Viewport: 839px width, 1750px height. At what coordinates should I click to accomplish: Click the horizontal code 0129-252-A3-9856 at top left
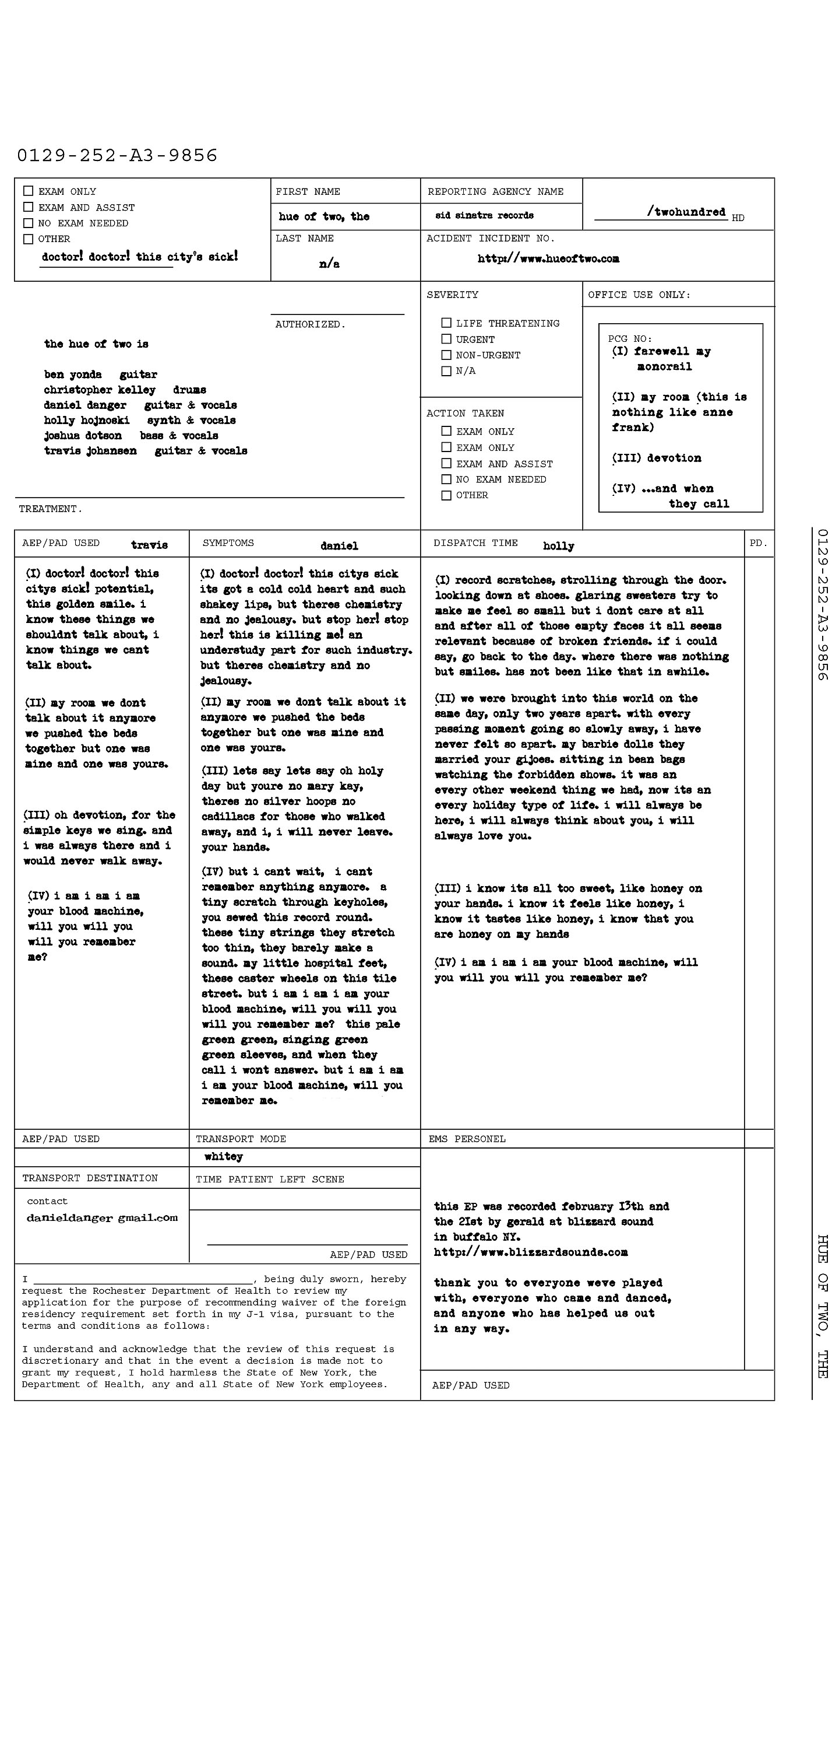[x=117, y=156]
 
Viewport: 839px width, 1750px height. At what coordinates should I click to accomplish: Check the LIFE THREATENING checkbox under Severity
[x=446, y=323]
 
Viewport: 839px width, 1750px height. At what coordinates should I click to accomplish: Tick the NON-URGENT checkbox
[x=446, y=355]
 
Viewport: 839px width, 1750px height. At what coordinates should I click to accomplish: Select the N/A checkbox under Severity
[x=446, y=371]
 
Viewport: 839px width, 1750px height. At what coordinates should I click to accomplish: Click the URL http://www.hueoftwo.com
[x=548, y=259]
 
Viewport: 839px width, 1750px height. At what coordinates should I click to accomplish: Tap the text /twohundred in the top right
[x=686, y=212]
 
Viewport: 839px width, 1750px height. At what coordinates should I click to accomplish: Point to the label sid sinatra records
[x=484, y=215]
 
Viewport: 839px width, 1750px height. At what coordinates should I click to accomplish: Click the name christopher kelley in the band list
[x=100, y=390]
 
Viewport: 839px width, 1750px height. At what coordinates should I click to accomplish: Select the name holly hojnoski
[x=87, y=421]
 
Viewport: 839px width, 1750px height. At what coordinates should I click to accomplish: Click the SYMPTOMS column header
[x=228, y=543]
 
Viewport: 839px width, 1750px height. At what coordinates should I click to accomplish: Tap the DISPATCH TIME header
[x=475, y=543]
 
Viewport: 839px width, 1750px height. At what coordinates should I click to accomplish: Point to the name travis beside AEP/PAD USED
[x=149, y=545]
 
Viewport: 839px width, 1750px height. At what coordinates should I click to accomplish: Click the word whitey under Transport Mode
[x=223, y=1156]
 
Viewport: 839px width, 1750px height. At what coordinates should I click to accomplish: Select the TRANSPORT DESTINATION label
[x=90, y=1178]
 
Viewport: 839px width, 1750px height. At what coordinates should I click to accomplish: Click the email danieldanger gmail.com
[x=102, y=1218]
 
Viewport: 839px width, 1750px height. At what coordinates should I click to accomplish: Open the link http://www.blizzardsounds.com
[x=530, y=1252]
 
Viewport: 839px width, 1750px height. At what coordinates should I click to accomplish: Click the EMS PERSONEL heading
[x=467, y=1139]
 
